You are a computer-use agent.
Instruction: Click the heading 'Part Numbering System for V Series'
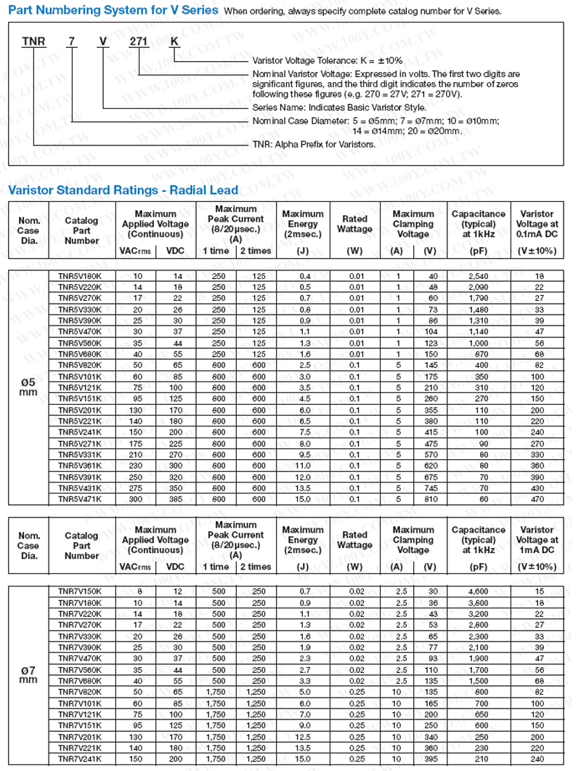pos(112,10)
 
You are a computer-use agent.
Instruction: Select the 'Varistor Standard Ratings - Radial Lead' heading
pos(123,190)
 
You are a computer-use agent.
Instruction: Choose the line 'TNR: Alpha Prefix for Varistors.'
pos(314,144)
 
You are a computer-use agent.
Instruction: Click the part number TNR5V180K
pos(80,276)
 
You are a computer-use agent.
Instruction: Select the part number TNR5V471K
pos(80,498)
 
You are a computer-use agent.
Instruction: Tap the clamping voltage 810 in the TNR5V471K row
pos(431,498)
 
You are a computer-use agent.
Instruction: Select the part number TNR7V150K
pos(80,592)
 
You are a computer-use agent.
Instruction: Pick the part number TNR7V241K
pos(80,759)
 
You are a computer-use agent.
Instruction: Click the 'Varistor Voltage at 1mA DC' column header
pos(537,540)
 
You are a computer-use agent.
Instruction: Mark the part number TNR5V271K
pos(80,443)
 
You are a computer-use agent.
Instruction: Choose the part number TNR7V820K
pos(80,692)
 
